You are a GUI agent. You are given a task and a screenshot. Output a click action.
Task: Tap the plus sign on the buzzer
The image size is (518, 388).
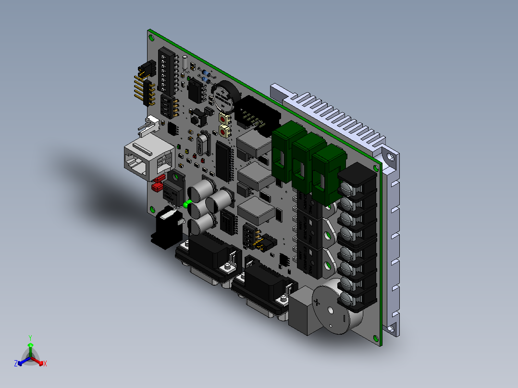(x=317, y=302)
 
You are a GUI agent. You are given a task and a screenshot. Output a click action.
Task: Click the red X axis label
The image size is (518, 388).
(x=45, y=364)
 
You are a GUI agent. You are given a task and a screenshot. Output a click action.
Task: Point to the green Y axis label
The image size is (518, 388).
(x=30, y=338)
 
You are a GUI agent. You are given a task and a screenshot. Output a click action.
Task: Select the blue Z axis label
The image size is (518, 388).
(x=15, y=364)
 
